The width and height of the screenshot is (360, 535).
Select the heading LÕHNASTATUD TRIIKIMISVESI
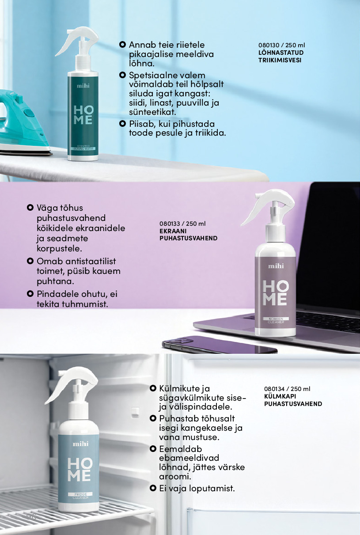[x=281, y=57]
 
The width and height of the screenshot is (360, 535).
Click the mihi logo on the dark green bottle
[x=83, y=86]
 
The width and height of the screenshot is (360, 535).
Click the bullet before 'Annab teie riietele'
[x=122, y=45]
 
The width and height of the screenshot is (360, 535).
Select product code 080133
[x=170, y=224]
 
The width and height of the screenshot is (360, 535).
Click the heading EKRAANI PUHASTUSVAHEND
[x=188, y=235]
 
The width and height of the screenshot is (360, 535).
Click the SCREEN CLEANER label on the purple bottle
[x=276, y=320]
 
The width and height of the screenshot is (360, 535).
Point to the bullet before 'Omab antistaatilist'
[x=30, y=261]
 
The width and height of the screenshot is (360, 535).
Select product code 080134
[x=274, y=389]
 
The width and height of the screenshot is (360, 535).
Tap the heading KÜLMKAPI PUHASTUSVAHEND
[x=293, y=400]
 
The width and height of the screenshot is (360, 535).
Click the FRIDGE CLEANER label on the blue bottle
[x=80, y=496]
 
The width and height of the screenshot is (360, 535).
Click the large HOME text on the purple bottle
[x=276, y=293]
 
